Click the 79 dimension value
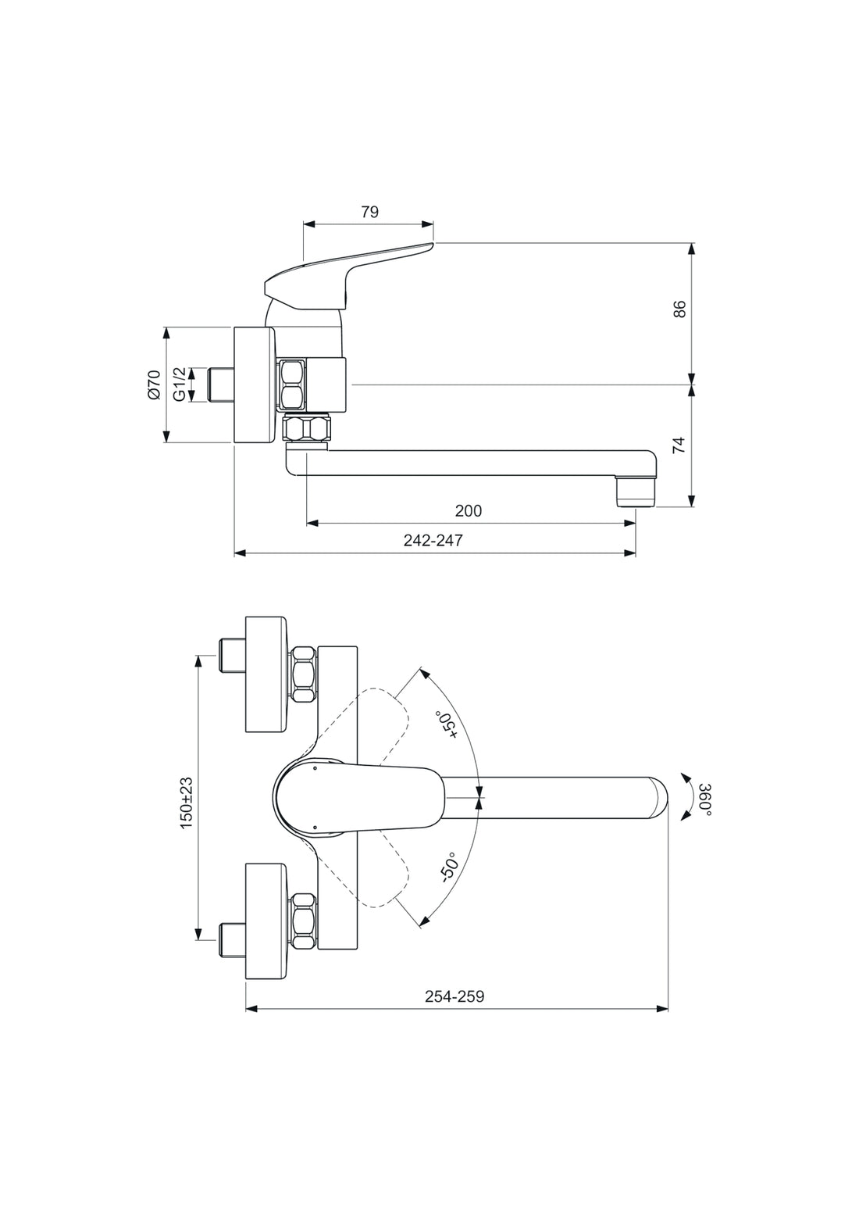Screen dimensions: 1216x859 [370, 212]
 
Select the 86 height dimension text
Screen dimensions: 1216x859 [679, 309]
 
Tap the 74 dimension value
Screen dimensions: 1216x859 [679, 445]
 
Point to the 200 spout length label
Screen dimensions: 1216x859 [469, 511]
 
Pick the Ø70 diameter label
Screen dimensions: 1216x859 [154, 385]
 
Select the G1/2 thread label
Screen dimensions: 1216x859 [180, 384]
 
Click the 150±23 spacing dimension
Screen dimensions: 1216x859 [186, 803]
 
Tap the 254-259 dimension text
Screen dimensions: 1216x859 [454, 996]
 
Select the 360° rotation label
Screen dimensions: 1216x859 [704, 799]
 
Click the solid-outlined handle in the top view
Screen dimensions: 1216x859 [359, 797]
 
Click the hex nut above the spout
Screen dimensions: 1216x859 [307, 429]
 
